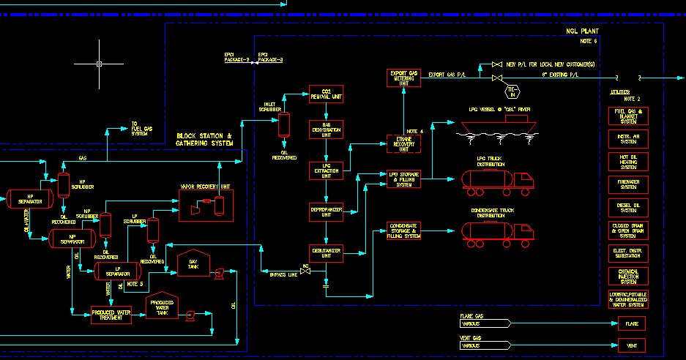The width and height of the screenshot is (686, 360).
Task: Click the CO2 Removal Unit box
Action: (x=326, y=94)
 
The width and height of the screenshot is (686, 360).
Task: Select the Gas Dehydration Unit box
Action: (x=326, y=129)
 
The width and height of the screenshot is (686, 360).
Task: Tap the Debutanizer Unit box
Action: (x=326, y=253)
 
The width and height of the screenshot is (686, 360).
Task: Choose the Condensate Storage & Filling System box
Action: (x=403, y=231)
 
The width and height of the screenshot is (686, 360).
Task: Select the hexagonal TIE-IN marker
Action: (x=513, y=91)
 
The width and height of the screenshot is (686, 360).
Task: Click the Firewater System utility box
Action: (x=628, y=184)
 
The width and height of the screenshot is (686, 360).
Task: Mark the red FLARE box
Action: (x=632, y=323)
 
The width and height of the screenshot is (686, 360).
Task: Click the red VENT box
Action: (x=632, y=345)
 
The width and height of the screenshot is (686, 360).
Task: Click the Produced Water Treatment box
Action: (x=111, y=315)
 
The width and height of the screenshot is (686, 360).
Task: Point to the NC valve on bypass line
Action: (x=306, y=273)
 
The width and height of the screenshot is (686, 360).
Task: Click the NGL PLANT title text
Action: (x=582, y=32)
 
